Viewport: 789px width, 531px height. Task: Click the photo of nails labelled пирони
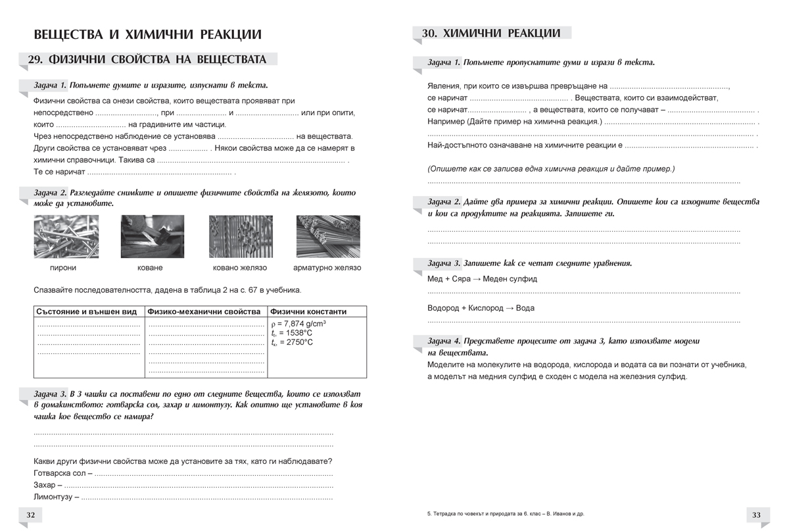point(62,237)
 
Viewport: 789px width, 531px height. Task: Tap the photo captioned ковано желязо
point(240,237)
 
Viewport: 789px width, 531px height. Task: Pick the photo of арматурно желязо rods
point(327,237)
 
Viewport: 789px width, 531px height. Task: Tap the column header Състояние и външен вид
point(86,312)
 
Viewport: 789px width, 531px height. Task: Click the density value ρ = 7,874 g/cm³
point(299,324)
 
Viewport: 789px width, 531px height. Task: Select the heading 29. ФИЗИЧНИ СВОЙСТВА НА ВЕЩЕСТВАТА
point(147,59)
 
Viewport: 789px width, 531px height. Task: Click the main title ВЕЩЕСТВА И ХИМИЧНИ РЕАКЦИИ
point(147,34)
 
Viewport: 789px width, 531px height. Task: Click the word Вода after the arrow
point(525,308)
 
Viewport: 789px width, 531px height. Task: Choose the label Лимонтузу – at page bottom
point(56,497)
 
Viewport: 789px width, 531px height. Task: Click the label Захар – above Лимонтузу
point(46,486)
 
